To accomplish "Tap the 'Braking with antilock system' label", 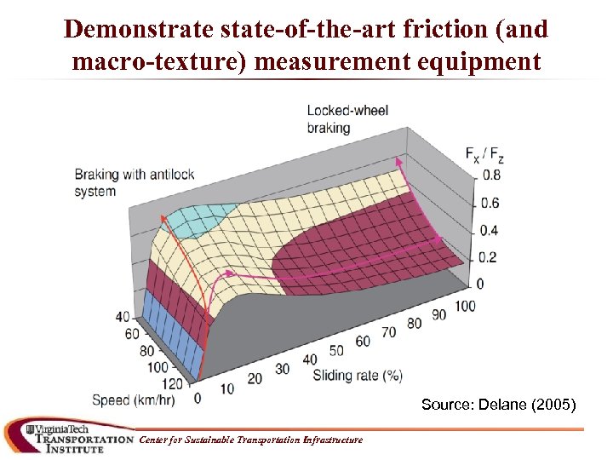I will [x=135, y=182].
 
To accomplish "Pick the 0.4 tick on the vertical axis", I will [x=489, y=230].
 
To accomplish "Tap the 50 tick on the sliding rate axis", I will [x=337, y=350].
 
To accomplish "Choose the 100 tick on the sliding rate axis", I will [x=465, y=306].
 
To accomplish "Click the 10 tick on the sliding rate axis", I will [x=226, y=388].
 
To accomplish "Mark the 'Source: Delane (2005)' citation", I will [x=498, y=405].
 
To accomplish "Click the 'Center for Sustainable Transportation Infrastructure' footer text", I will [x=250, y=440].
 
